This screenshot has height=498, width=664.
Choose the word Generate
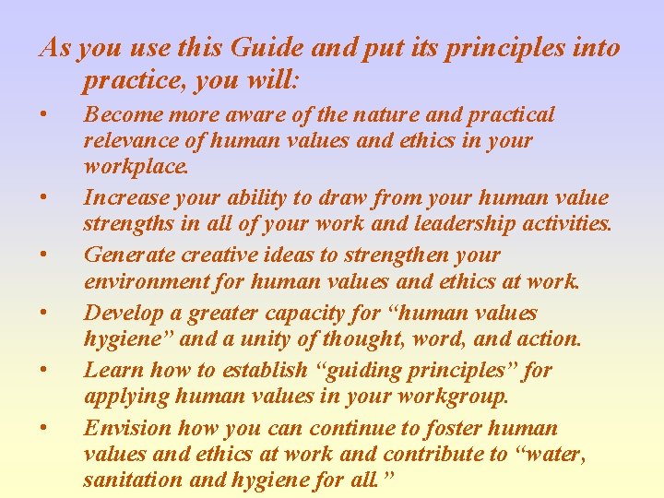point(125,255)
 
